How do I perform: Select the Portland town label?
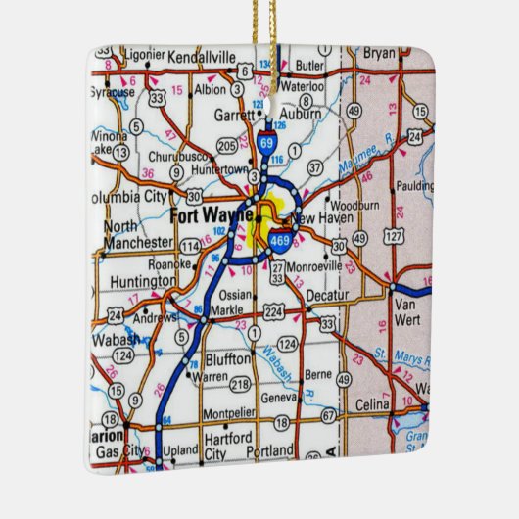[x=264, y=449]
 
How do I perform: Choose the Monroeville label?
[x=318, y=264]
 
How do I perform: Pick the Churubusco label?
[x=181, y=156]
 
